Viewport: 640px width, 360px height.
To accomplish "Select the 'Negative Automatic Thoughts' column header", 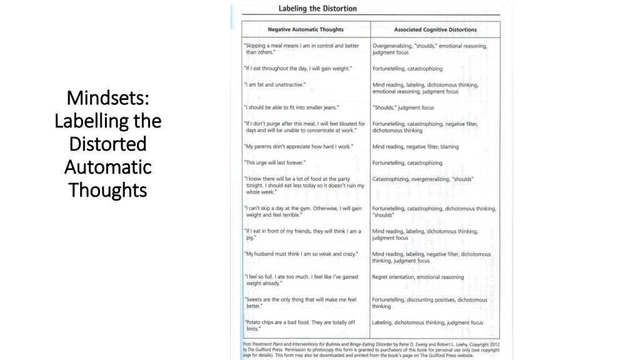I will click(306, 29).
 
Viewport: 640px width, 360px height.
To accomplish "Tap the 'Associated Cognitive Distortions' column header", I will click(435, 29).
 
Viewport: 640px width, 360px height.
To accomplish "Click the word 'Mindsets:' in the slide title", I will click(107, 98).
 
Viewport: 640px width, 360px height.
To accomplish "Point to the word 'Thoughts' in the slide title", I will click(107, 189).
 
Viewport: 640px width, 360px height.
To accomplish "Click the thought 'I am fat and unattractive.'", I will click(275, 84).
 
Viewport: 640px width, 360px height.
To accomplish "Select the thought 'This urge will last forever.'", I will click(275, 163).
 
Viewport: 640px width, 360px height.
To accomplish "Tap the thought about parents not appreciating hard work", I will click(299, 147).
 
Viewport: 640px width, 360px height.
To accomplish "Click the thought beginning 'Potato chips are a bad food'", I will click(300, 326).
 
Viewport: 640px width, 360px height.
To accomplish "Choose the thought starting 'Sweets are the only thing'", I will click(300, 303).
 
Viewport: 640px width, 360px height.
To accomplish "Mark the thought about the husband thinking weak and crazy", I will click(301, 254).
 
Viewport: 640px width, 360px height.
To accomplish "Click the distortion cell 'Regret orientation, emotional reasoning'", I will click(418, 277).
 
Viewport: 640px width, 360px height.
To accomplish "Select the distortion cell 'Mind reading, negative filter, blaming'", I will click(416, 147).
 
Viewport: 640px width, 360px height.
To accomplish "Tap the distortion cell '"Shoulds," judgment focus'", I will click(403, 107).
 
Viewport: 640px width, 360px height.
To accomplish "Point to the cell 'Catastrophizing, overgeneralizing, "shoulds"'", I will click(423, 179).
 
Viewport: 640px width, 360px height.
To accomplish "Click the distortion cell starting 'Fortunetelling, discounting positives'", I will click(429, 303).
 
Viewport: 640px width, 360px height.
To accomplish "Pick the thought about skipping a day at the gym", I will click(302, 211).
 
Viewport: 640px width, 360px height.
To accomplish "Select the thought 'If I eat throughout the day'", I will click(298, 68).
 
